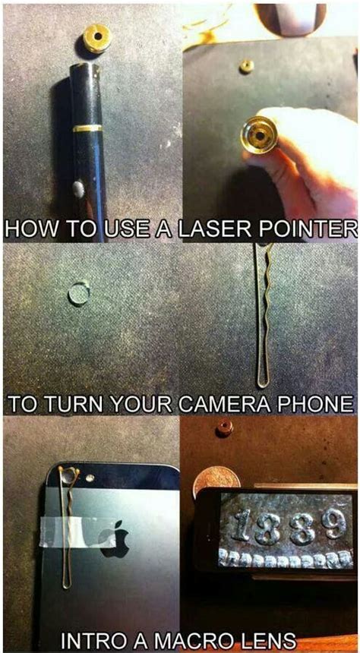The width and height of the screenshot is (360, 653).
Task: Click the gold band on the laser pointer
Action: pos(87,128)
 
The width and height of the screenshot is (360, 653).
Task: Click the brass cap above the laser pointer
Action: pos(97,39)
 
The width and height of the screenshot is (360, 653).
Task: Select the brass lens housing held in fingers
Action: pos(259,135)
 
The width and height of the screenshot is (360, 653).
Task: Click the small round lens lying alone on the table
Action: pos(79,294)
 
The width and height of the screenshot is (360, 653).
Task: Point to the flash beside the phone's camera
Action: pos(90,478)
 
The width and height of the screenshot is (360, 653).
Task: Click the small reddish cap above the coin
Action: pos(225,427)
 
